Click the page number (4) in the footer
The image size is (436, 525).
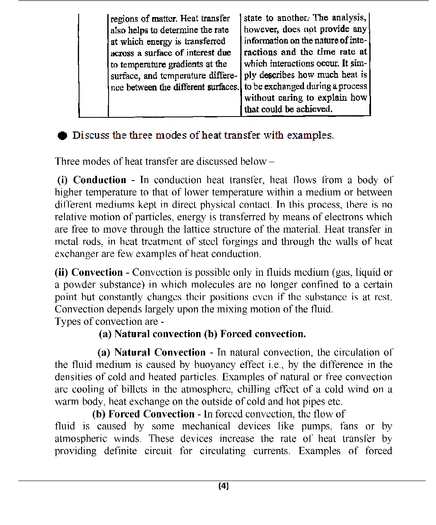(223, 486)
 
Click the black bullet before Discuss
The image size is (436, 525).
(62, 136)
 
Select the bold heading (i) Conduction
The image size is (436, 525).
(91, 180)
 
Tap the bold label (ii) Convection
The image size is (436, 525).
(89, 272)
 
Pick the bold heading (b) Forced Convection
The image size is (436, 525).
(143, 414)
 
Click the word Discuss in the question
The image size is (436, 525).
(91, 136)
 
